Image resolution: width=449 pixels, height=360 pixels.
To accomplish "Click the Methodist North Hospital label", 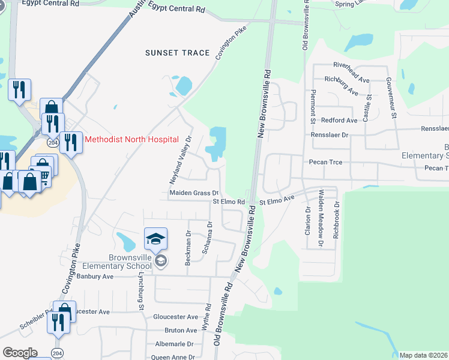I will tap(131, 139).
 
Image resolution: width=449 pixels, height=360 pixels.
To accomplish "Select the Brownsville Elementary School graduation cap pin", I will tap(155, 240).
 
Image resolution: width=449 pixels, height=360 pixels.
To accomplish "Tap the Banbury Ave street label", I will tap(94, 277).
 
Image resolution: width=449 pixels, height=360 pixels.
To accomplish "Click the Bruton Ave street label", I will tap(181, 330).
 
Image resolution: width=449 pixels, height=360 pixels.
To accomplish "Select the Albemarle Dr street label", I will tap(174, 344).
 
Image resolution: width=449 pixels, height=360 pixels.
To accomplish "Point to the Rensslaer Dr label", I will tap(329, 135).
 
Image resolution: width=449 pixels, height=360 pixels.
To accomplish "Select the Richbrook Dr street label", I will tap(336, 217).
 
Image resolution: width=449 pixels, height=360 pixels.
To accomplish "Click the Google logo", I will tap(20, 353).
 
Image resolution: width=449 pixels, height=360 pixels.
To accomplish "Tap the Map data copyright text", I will tap(424, 355).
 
